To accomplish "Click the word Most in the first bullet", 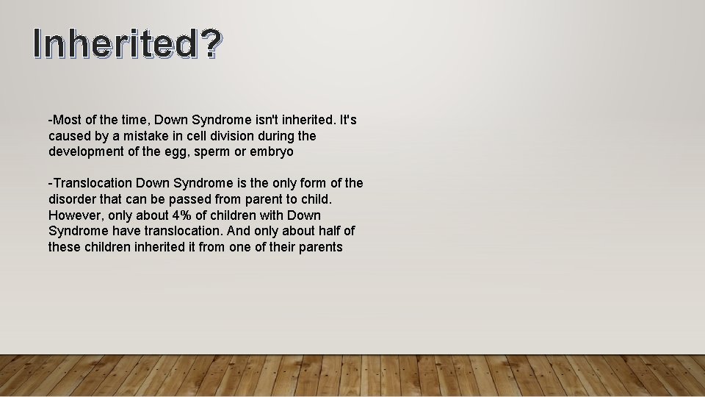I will click(x=66, y=120).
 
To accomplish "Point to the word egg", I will click(x=184, y=152).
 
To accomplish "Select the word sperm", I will click(x=221, y=152).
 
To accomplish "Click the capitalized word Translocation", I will click(x=92, y=183).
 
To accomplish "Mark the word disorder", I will click(x=73, y=199).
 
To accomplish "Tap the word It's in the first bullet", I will click(x=347, y=120).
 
